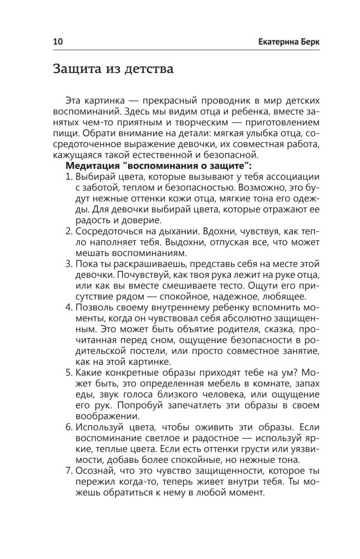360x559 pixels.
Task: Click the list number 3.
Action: point(69,261)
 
